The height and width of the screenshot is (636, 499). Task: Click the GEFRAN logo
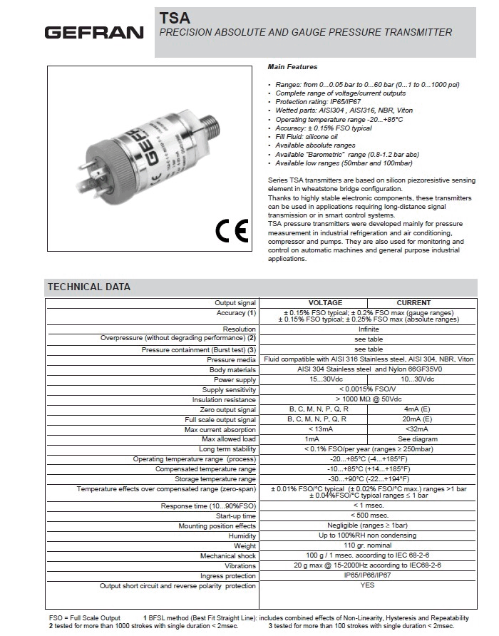coord(95,33)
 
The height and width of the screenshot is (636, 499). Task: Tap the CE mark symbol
coord(230,230)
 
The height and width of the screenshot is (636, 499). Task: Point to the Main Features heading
coord(292,66)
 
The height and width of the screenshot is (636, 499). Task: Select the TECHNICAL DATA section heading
coord(89,287)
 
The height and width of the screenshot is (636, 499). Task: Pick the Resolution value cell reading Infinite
coord(368,329)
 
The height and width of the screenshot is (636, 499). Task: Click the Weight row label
coord(245,546)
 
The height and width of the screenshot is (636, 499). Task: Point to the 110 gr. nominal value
coord(368,546)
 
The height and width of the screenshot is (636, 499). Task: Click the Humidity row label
coord(242,536)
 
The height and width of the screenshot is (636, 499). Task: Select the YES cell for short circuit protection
coord(368,585)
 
